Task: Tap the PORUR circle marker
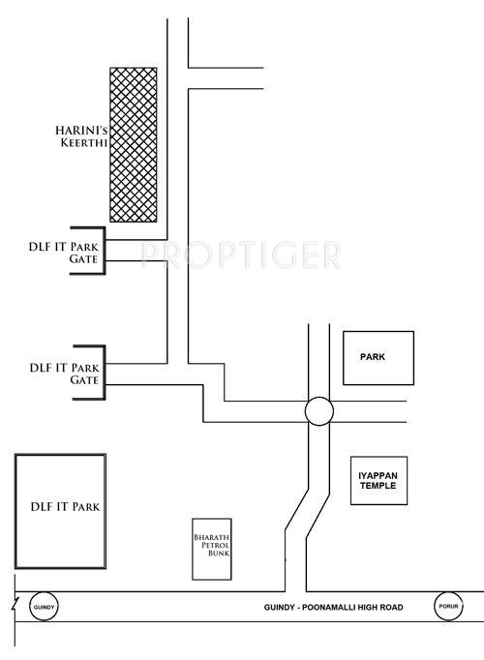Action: tap(448, 607)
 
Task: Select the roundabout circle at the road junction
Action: tap(318, 410)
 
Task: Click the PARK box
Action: tap(378, 358)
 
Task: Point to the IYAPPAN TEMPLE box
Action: tap(379, 479)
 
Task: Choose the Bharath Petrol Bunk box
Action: tap(211, 548)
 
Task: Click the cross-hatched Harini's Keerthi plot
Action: tap(134, 143)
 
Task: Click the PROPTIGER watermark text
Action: tap(241, 255)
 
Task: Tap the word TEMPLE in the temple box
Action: tap(379, 487)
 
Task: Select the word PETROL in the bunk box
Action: tap(211, 548)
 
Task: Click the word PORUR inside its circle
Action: tap(448, 607)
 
